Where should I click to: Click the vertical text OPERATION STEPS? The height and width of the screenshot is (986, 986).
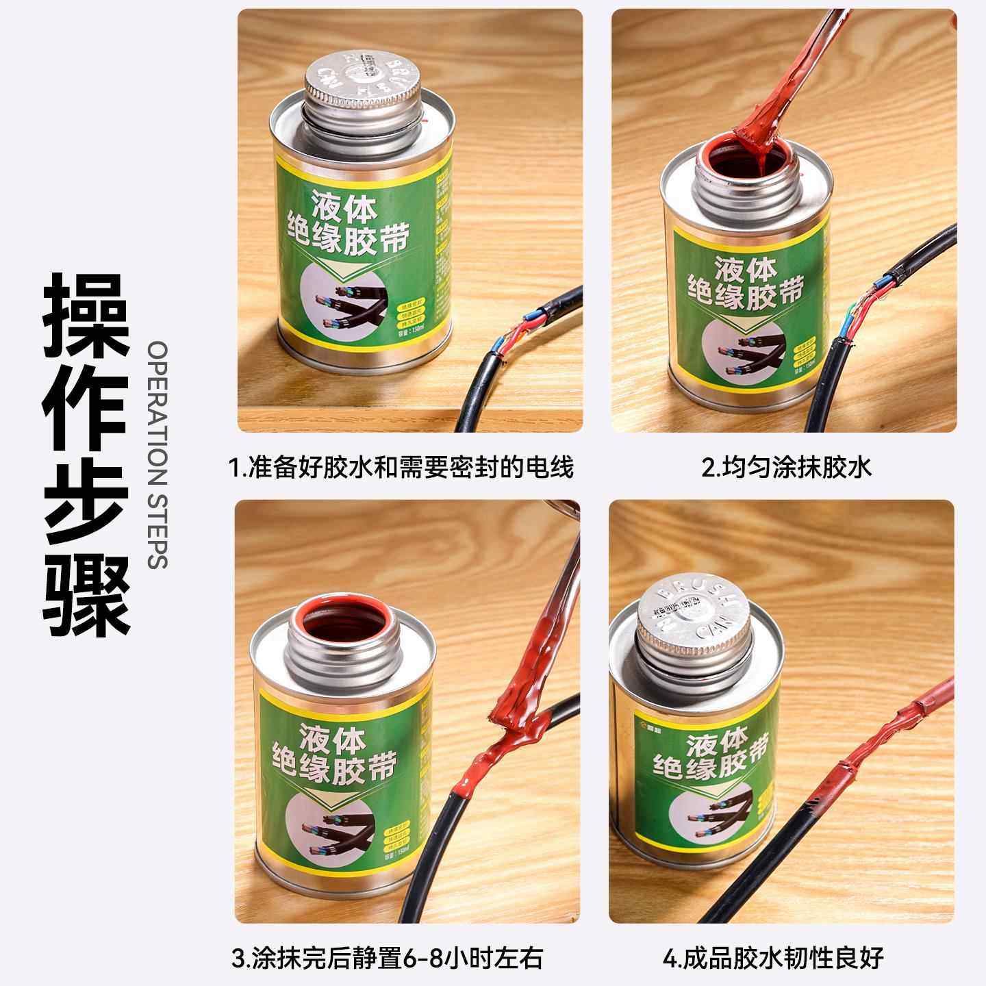point(157,455)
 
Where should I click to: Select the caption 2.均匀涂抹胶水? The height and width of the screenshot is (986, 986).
point(786,468)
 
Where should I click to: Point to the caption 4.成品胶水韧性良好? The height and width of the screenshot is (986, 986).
point(773,957)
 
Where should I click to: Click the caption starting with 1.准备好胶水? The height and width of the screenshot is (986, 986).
point(401,468)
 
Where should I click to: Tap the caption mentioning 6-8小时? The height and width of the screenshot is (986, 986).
point(388,957)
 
